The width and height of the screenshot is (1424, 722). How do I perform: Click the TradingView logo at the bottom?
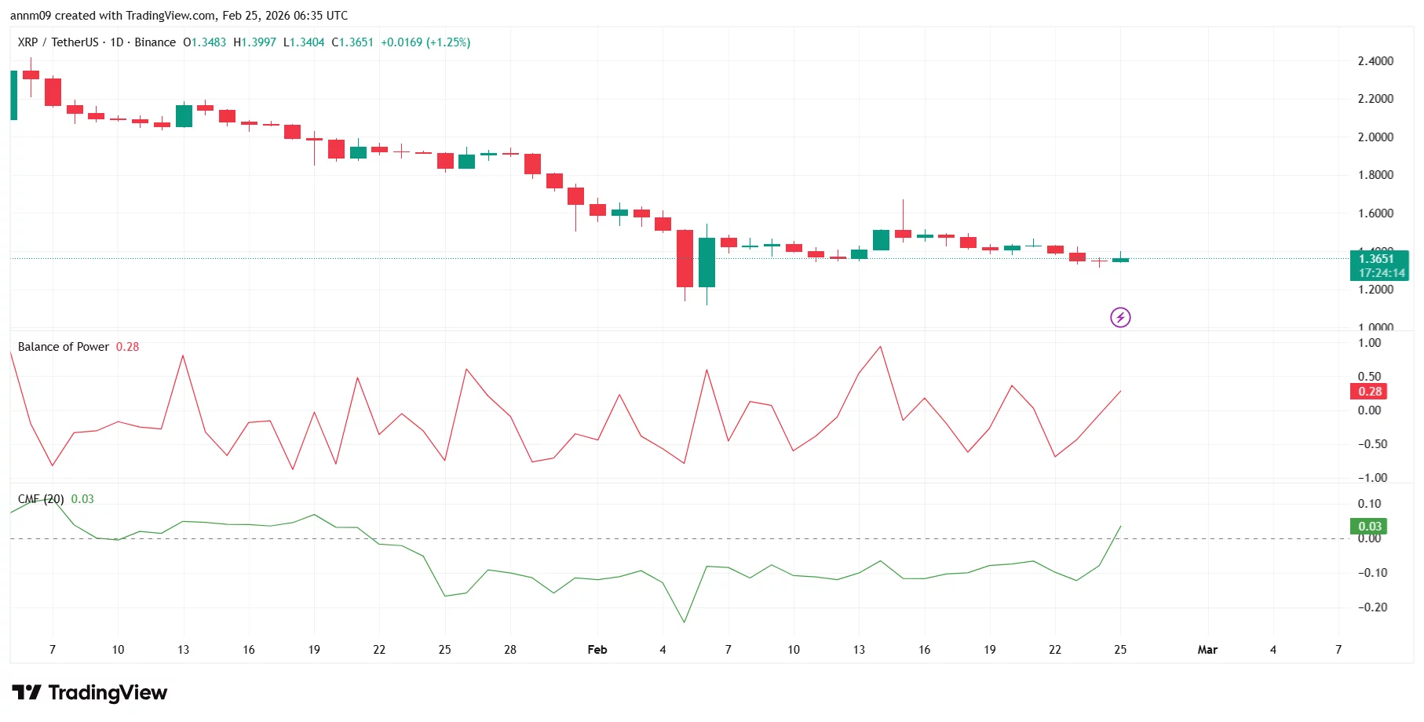coord(89,692)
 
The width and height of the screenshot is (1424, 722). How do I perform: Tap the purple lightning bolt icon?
coord(1120,317)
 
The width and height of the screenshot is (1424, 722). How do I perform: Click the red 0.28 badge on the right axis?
coord(1370,392)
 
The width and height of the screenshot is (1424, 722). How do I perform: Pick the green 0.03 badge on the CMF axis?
coord(1370,527)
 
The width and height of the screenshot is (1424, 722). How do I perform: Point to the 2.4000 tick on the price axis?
coord(1375,61)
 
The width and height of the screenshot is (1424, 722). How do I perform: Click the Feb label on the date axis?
coord(597,650)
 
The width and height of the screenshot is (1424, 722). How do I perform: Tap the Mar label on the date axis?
coord(1207,650)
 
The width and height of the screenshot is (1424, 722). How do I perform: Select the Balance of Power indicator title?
coord(64,347)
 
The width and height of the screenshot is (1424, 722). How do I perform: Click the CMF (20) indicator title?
coord(41,499)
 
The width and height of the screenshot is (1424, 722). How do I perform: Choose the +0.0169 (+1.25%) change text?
coord(425,42)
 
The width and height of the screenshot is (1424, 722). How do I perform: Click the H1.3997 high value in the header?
coord(254,42)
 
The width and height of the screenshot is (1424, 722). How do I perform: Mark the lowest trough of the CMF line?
coord(685,622)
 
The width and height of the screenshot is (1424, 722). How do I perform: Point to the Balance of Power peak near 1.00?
coord(881,347)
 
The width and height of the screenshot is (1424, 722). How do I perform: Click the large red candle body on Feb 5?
coord(685,258)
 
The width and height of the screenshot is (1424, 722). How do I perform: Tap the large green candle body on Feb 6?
coord(707,262)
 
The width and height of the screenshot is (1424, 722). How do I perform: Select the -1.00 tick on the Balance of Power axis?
coord(1372,478)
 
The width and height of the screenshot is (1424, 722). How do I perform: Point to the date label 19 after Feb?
coord(989,650)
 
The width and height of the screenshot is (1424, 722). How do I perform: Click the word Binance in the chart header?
coord(155,42)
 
